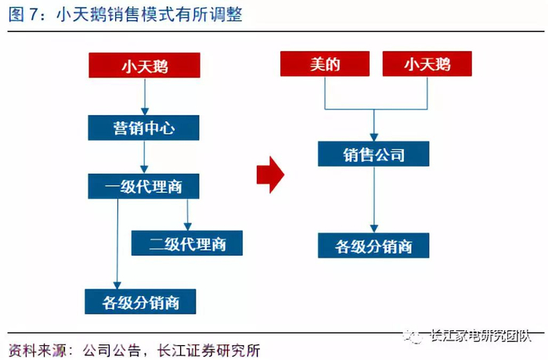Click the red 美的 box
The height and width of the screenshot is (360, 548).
point(325,63)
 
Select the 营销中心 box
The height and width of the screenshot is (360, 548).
point(143,128)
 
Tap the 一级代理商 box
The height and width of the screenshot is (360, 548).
point(143,186)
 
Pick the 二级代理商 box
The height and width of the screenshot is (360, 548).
point(187,243)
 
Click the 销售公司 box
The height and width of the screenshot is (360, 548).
point(373,154)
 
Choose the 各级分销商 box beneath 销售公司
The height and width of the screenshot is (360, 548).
point(373,246)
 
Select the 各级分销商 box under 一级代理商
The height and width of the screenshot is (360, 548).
point(140,301)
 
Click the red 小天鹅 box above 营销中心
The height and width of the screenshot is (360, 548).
point(144,65)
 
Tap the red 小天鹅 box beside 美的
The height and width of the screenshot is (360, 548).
point(427,63)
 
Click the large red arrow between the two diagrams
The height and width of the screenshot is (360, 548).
point(270,175)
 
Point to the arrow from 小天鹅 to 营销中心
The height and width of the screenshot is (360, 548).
point(145,96)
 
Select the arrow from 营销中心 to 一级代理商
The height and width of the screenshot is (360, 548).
point(144,157)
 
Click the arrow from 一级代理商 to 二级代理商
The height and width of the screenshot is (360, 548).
point(187,214)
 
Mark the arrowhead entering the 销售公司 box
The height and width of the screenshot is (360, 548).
point(374,137)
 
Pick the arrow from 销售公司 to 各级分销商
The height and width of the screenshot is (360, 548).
point(374,200)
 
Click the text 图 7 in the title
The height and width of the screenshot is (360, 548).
point(23,15)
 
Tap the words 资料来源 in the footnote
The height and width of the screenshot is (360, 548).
point(38,350)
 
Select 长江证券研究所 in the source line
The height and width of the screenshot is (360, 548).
point(209,350)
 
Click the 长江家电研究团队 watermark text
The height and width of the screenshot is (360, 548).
point(481,336)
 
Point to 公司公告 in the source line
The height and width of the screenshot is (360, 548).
point(112,350)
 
